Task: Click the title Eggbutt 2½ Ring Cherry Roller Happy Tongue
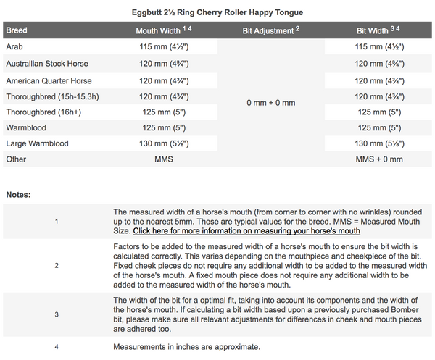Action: tap(218, 12)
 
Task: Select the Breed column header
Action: tap(17, 31)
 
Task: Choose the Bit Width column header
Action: tap(379, 31)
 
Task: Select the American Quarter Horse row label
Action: tap(49, 80)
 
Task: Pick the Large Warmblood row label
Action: tap(37, 143)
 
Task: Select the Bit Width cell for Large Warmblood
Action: tap(379, 143)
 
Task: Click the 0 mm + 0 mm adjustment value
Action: tap(270, 103)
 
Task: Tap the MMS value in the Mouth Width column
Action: tap(162, 159)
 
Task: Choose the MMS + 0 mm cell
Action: tap(379, 159)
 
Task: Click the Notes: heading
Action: tap(19, 194)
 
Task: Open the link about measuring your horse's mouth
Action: tap(246, 231)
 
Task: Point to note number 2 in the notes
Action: tap(57, 266)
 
